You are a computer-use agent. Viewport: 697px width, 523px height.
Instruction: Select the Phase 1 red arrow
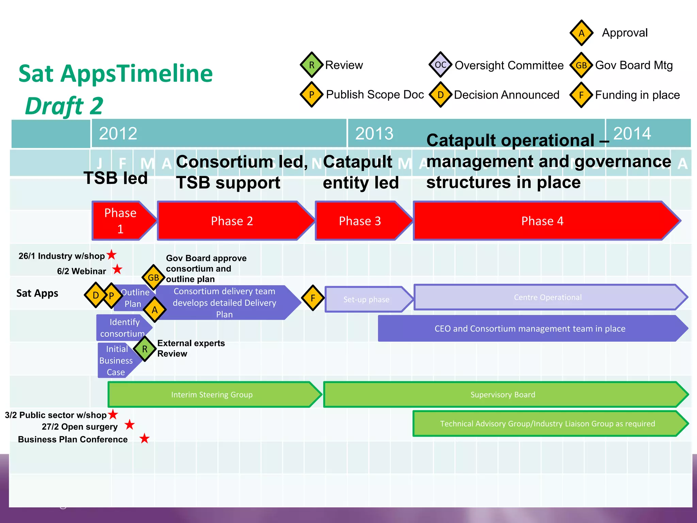pyautogui.click(x=121, y=221)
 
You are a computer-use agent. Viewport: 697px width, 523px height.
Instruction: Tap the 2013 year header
pyautogui.click(x=374, y=133)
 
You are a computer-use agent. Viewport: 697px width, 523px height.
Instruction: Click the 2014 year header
pyautogui.click(x=632, y=133)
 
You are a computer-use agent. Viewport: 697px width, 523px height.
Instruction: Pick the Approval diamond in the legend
pyautogui.click(x=582, y=33)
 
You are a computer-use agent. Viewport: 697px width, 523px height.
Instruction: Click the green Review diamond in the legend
pyautogui.click(x=311, y=65)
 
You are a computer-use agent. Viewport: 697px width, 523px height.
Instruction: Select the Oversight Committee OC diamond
pyautogui.click(x=440, y=65)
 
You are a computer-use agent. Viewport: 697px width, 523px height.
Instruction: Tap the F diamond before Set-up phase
pyautogui.click(x=313, y=298)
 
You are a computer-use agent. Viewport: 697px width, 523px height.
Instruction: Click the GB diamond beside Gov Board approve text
pyautogui.click(x=153, y=278)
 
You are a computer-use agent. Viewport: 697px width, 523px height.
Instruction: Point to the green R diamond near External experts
pyautogui.click(x=145, y=349)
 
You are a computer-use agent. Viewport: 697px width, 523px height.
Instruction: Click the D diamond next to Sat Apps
pyautogui.click(x=96, y=295)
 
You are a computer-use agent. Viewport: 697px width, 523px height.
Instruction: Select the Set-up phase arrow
pyautogui.click(x=367, y=299)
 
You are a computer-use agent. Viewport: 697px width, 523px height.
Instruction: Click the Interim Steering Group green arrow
pyautogui.click(x=212, y=395)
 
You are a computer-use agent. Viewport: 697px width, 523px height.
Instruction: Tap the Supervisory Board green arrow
pyautogui.click(x=503, y=395)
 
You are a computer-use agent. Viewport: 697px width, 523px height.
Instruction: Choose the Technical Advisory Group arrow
pyautogui.click(x=547, y=424)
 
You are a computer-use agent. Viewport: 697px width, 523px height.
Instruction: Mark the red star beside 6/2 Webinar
pyautogui.click(x=117, y=269)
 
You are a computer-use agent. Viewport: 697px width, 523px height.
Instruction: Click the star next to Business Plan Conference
pyautogui.click(x=145, y=439)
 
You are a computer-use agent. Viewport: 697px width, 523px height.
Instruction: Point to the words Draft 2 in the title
pyautogui.click(x=64, y=106)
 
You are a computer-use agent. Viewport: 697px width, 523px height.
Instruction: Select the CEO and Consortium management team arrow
pyautogui.click(x=530, y=329)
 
